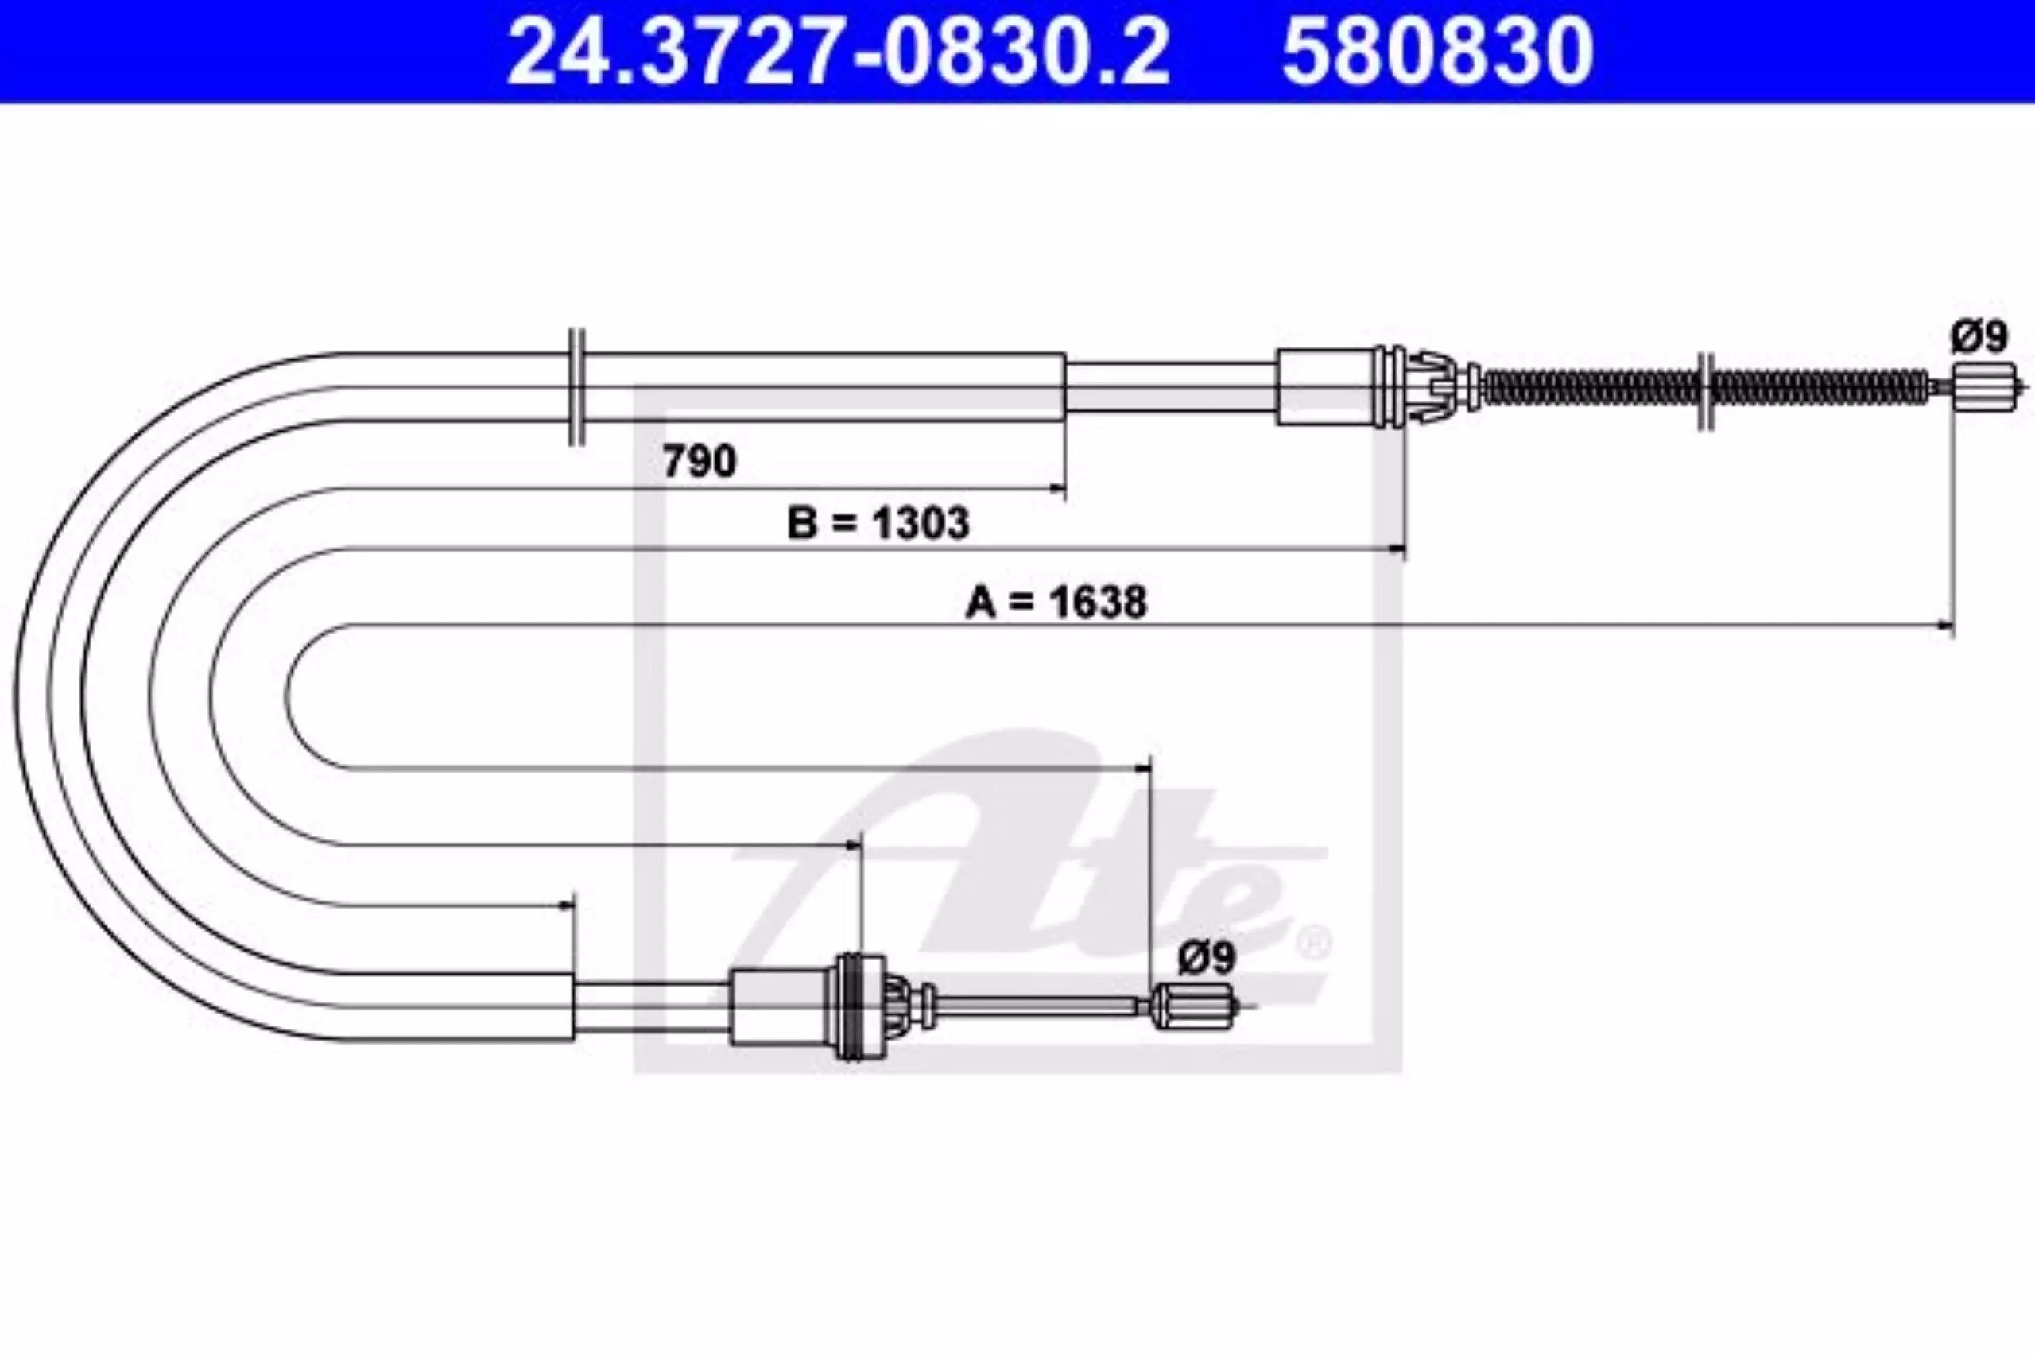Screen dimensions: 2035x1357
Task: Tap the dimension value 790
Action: point(699,460)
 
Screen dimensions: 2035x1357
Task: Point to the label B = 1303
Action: point(878,524)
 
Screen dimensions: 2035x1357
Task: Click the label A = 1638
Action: point(1056,602)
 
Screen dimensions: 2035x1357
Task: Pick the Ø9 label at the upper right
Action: point(1978,335)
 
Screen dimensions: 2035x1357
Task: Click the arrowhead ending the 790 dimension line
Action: point(1057,489)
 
